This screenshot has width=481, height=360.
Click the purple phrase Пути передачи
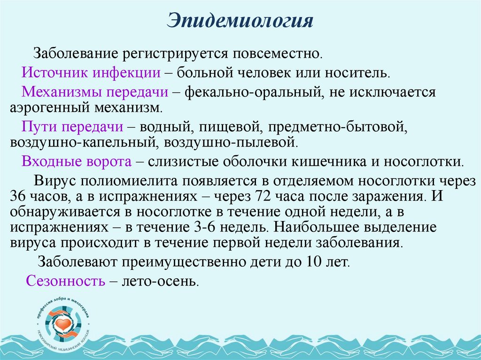73,126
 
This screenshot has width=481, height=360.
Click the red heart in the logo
63,323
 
